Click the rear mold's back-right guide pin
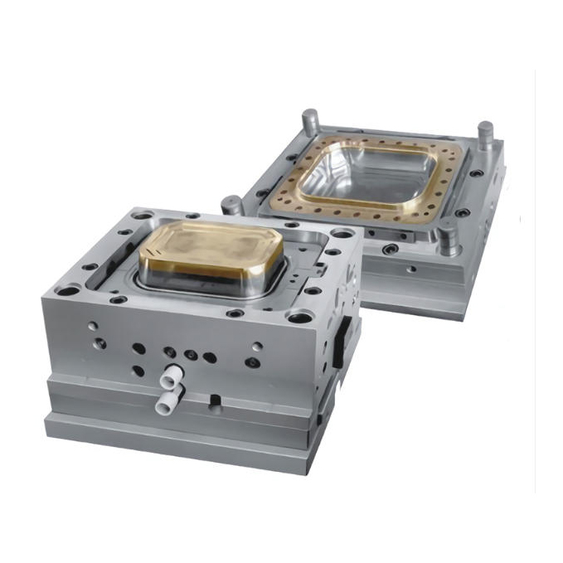(x=484, y=133)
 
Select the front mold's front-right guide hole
(x=300, y=317)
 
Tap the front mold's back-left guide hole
(x=143, y=216)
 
